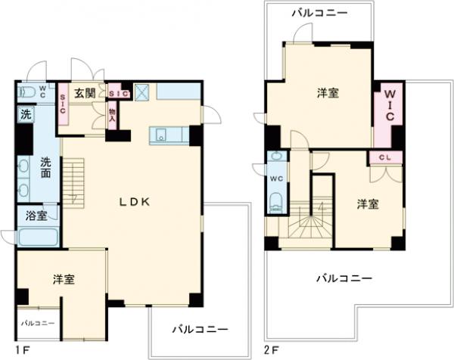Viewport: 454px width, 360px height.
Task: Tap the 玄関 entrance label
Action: (85, 93)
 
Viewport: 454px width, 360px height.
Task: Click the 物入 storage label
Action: (112, 114)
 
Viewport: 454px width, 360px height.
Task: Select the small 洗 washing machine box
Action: (24, 116)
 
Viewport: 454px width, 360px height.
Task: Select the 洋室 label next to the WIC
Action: (327, 92)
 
